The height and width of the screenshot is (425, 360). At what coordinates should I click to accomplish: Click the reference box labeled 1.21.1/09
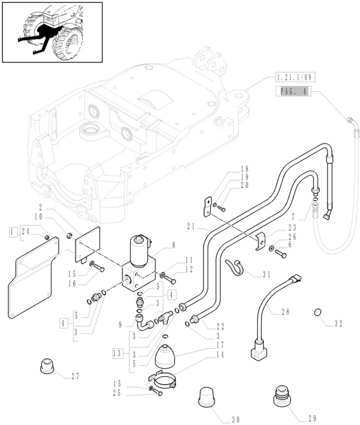[x=293, y=77]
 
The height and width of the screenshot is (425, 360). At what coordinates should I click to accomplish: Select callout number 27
[x=75, y=376]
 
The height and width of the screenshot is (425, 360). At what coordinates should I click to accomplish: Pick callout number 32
[x=338, y=324]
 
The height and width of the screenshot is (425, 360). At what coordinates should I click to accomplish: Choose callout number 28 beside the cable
[x=285, y=312]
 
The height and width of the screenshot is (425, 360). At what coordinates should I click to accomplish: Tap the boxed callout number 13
[x=117, y=353]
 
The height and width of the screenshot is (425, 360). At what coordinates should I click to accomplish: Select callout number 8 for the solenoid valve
[x=173, y=244]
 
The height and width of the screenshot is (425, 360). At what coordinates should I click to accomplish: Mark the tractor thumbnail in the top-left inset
[x=52, y=32]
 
